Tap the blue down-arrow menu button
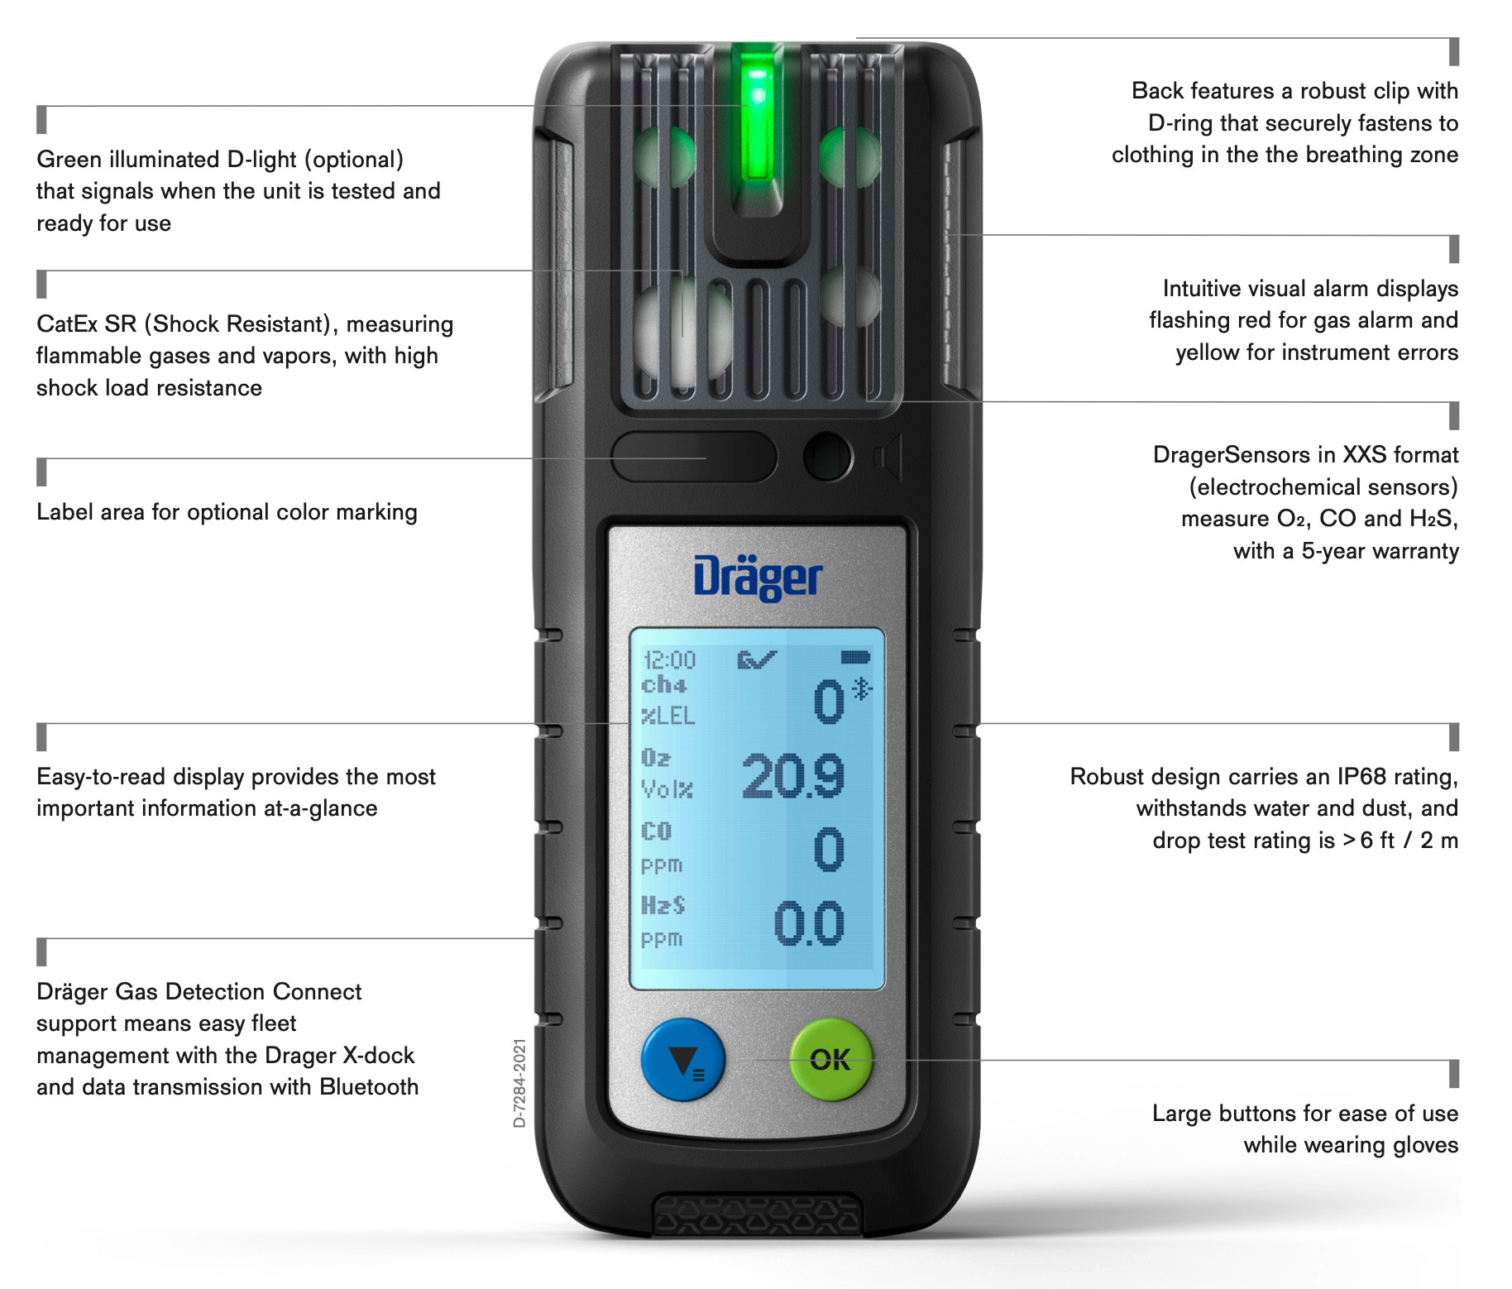(683, 1060)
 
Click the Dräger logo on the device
(758, 577)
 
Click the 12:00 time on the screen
(669, 659)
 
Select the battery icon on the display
(855, 657)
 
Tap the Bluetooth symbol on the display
(863, 688)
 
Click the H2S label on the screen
(663, 905)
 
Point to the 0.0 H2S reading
(809, 923)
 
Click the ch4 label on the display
(663, 685)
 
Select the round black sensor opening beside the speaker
(827, 456)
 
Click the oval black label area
(694, 457)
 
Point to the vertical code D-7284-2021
(519, 1083)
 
